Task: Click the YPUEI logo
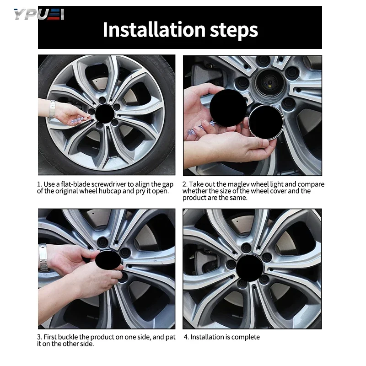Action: (39, 15)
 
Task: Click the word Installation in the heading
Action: (154, 30)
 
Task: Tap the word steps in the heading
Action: (234, 31)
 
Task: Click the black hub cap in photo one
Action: (105, 113)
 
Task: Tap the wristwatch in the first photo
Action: (52, 109)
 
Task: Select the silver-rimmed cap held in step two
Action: (266, 122)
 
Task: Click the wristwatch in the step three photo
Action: (43, 258)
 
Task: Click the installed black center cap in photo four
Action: (249, 268)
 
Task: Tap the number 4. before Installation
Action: (186, 337)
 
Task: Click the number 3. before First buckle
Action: (39, 337)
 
